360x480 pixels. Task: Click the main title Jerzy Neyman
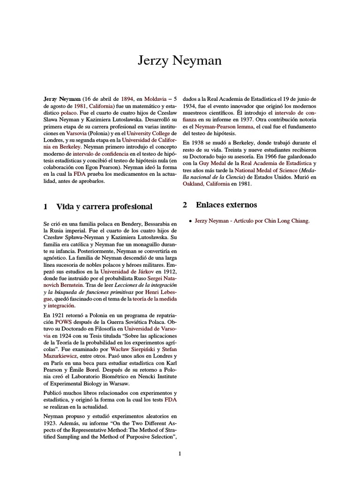point(180,61)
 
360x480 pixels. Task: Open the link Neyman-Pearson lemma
point(225,127)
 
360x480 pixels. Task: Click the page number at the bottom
point(180,453)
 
